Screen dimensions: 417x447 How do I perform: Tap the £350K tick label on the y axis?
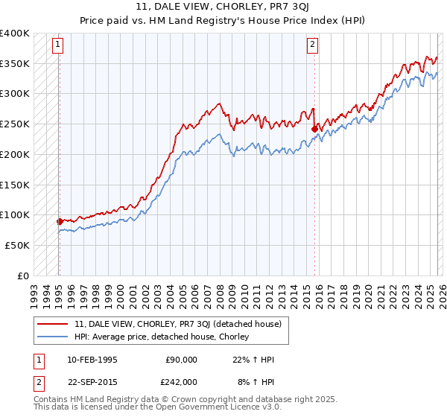point(15,64)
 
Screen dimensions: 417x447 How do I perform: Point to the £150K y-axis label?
point(15,185)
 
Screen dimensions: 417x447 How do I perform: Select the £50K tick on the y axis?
point(17,245)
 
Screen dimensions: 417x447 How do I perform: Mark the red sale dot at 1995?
point(60,221)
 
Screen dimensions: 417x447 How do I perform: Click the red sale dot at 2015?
point(314,129)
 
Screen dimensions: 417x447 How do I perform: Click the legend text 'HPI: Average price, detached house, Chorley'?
point(162,337)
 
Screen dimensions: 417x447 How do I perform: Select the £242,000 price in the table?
point(181,381)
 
